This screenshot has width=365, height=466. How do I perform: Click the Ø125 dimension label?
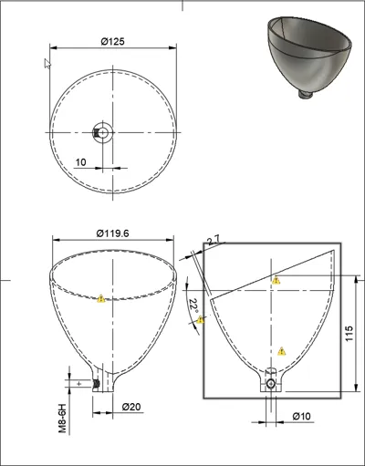(112, 41)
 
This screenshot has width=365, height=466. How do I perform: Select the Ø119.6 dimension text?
(112, 233)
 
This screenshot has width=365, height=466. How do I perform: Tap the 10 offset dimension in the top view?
(80, 162)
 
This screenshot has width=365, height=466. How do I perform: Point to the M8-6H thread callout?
(62, 418)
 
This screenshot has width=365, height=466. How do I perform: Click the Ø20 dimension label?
(131, 407)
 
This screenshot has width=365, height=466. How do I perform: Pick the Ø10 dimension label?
(302, 416)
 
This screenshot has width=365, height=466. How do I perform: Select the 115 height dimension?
(349, 333)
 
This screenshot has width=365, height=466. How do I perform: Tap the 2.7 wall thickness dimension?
(214, 240)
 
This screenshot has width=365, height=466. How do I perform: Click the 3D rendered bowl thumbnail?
(309, 57)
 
